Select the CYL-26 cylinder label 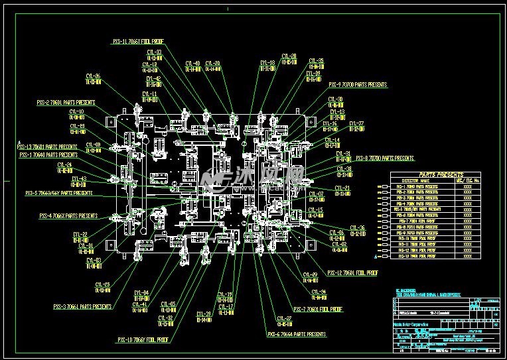(93, 76)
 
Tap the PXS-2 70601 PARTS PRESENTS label (66, 103)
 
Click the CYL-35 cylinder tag (316, 61)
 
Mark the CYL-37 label (356, 123)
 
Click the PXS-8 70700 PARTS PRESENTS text (384, 158)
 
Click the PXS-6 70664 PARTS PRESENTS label (296, 335)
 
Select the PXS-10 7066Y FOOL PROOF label (143, 339)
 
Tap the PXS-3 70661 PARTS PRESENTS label (82, 307)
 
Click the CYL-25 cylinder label (103, 284)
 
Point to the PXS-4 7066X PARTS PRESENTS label (68, 215)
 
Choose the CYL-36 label (356, 227)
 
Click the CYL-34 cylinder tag (318, 292)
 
